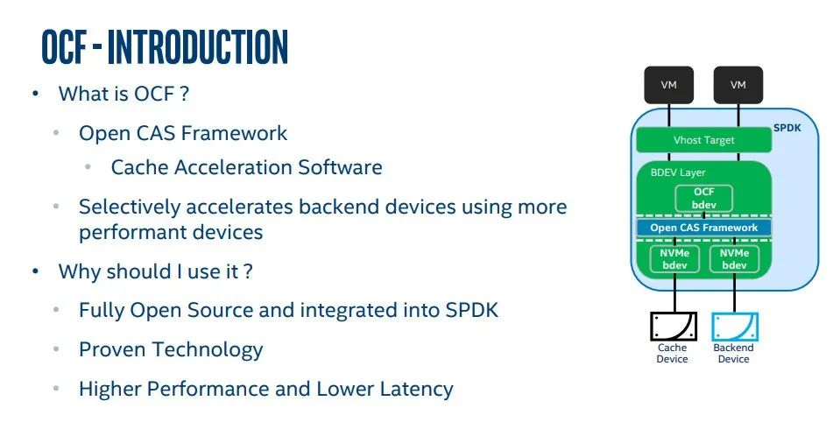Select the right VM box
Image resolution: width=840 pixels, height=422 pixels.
click(x=738, y=85)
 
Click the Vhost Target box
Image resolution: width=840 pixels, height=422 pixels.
click(x=704, y=140)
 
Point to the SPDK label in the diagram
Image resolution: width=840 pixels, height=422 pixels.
click(x=787, y=128)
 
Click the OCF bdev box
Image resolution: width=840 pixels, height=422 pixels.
click(x=704, y=198)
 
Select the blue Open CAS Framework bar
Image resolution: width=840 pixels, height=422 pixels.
click(x=704, y=228)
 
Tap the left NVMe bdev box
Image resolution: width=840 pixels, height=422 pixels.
click(x=674, y=259)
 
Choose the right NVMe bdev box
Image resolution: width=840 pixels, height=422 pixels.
click(x=734, y=259)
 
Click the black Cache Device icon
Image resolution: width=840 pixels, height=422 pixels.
click(x=673, y=327)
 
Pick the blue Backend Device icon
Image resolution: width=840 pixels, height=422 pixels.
click(x=734, y=327)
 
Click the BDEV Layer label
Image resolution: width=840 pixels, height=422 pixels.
click(x=678, y=172)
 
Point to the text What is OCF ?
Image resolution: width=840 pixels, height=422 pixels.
click(x=124, y=94)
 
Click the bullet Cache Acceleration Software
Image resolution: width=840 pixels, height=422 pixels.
click(x=246, y=167)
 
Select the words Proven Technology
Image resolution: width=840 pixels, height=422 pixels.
click(x=171, y=349)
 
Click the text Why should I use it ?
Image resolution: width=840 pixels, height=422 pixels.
click(x=156, y=271)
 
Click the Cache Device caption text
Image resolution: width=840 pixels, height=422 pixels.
click(x=673, y=354)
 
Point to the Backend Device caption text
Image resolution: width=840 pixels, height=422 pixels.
click(x=733, y=354)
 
